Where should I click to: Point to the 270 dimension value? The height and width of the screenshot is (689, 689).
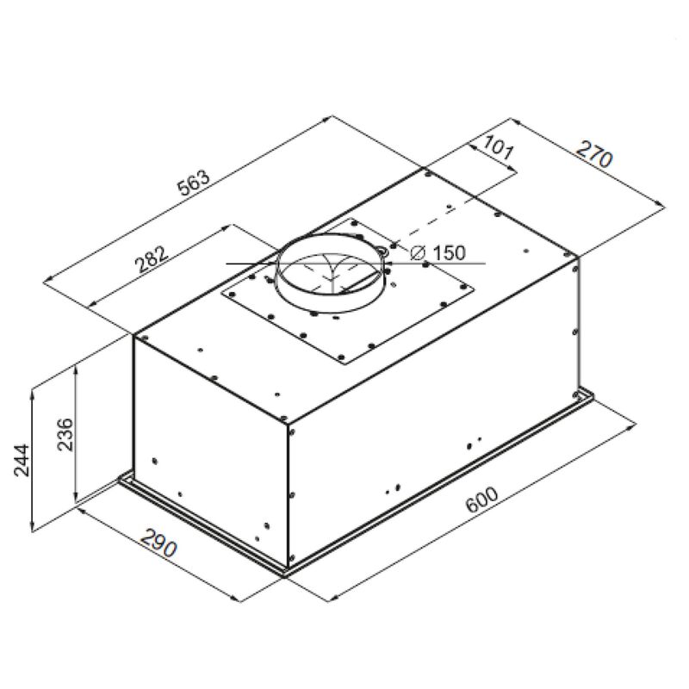click(593, 158)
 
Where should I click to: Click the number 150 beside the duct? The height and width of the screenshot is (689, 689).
click(446, 253)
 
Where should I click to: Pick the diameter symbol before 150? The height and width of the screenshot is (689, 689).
click(418, 253)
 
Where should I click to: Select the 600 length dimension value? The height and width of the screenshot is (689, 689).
click(482, 502)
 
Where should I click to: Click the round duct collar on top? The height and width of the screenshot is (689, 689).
click(330, 276)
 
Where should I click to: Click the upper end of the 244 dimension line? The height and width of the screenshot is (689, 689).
click(33, 390)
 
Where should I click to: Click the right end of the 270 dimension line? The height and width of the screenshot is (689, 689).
click(663, 203)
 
